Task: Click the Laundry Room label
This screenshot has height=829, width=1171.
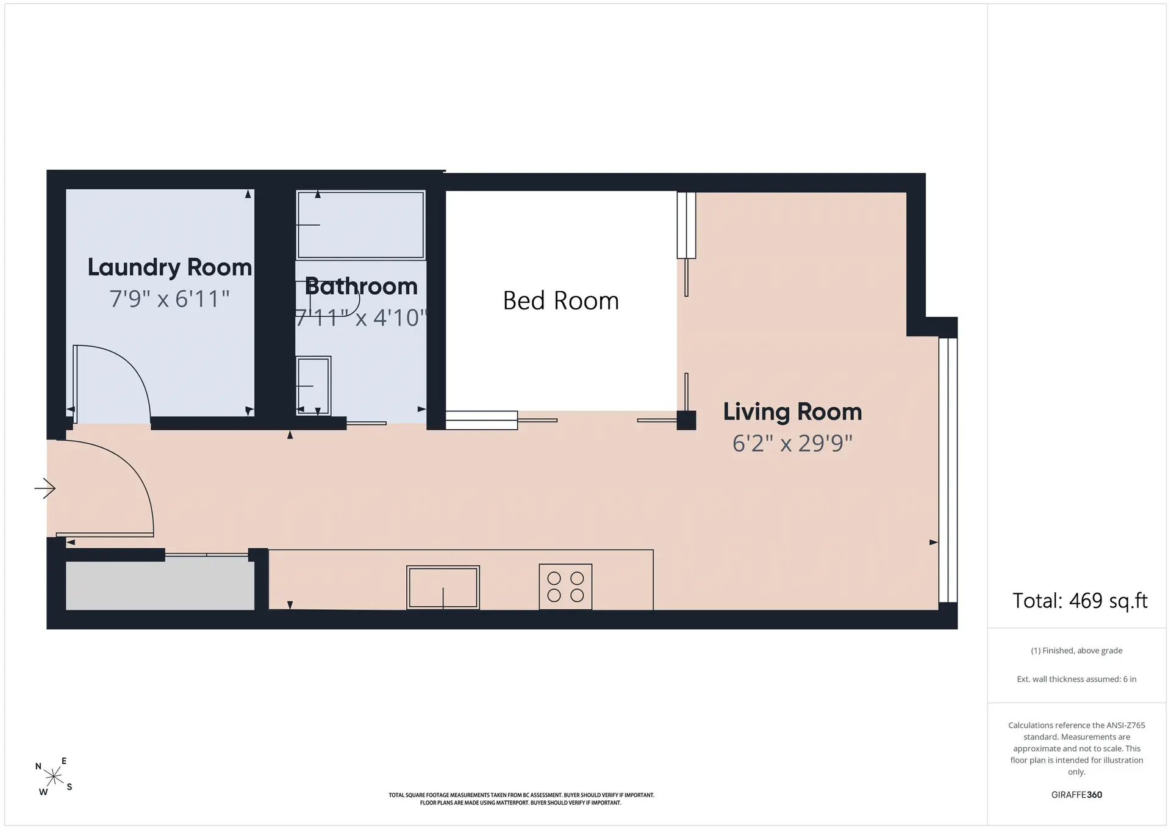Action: point(170,267)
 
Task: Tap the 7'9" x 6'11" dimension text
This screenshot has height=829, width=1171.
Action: point(170,299)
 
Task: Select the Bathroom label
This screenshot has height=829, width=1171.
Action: point(361,286)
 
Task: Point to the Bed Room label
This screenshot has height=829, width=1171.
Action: point(561,300)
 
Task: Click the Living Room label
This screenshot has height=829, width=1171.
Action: point(792,412)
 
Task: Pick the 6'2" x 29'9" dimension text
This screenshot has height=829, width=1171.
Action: point(792,443)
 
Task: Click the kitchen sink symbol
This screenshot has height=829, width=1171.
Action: point(443,587)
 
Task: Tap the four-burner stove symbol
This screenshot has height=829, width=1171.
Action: point(565,587)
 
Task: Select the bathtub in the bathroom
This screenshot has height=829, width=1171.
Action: point(360,225)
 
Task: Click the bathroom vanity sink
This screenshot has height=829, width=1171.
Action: point(313,386)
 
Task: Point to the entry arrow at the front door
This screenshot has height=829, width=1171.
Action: point(45,488)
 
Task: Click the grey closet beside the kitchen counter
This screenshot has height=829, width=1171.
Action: point(160,585)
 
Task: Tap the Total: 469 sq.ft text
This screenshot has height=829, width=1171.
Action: point(1080,601)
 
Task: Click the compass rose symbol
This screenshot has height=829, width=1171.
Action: point(54,777)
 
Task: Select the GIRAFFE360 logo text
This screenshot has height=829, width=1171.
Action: point(1076,795)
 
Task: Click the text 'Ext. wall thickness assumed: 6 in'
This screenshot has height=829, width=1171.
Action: point(1076,679)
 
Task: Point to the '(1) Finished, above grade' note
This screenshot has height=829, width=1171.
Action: point(1076,651)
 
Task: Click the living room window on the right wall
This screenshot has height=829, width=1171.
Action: point(948,470)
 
